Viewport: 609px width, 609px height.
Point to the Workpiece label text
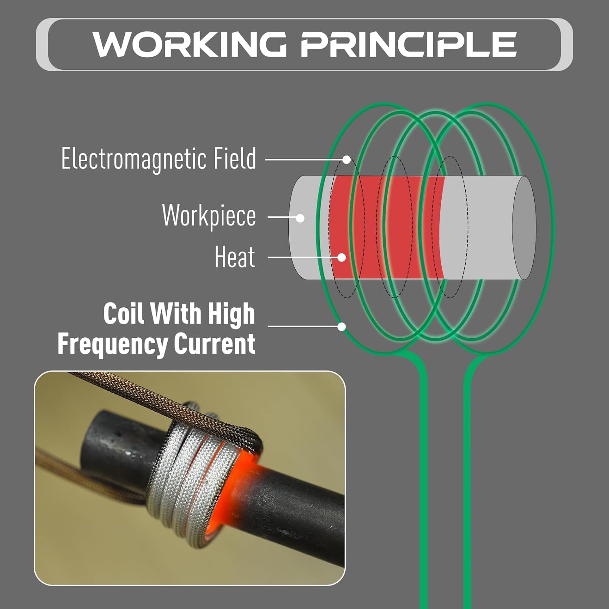point(209,216)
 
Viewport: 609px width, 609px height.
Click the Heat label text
point(235,257)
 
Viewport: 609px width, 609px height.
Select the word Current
point(215,344)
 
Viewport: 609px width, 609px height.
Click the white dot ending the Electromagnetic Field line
point(346,160)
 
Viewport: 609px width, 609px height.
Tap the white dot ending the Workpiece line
point(300,218)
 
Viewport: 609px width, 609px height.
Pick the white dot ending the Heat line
point(342,257)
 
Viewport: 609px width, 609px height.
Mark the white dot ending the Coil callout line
point(342,326)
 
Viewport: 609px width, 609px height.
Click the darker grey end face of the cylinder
point(524,228)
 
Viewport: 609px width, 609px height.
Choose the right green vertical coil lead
point(467,487)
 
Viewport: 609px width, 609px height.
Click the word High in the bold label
point(231,313)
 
